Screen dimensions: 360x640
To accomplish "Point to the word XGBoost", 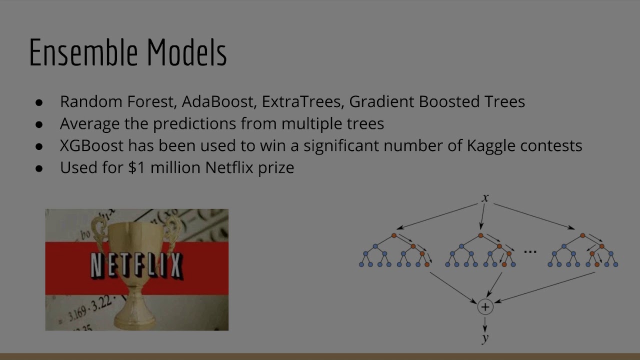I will click(91, 145).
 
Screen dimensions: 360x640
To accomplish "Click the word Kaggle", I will click(491, 145).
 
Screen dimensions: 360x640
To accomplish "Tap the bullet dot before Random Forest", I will click(39, 102).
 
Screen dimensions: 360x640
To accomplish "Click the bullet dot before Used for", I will click(39, 168).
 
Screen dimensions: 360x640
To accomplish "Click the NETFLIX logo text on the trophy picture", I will click(136, 265).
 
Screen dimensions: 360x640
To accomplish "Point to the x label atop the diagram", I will click(485, 198).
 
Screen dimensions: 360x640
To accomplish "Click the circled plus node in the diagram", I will click(485, 306).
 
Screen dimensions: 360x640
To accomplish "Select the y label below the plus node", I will click(485, 338).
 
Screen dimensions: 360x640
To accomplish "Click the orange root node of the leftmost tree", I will click(394, 235).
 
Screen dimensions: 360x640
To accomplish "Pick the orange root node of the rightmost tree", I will click(582, 235).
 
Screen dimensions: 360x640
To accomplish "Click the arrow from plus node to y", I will click(485, 323).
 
